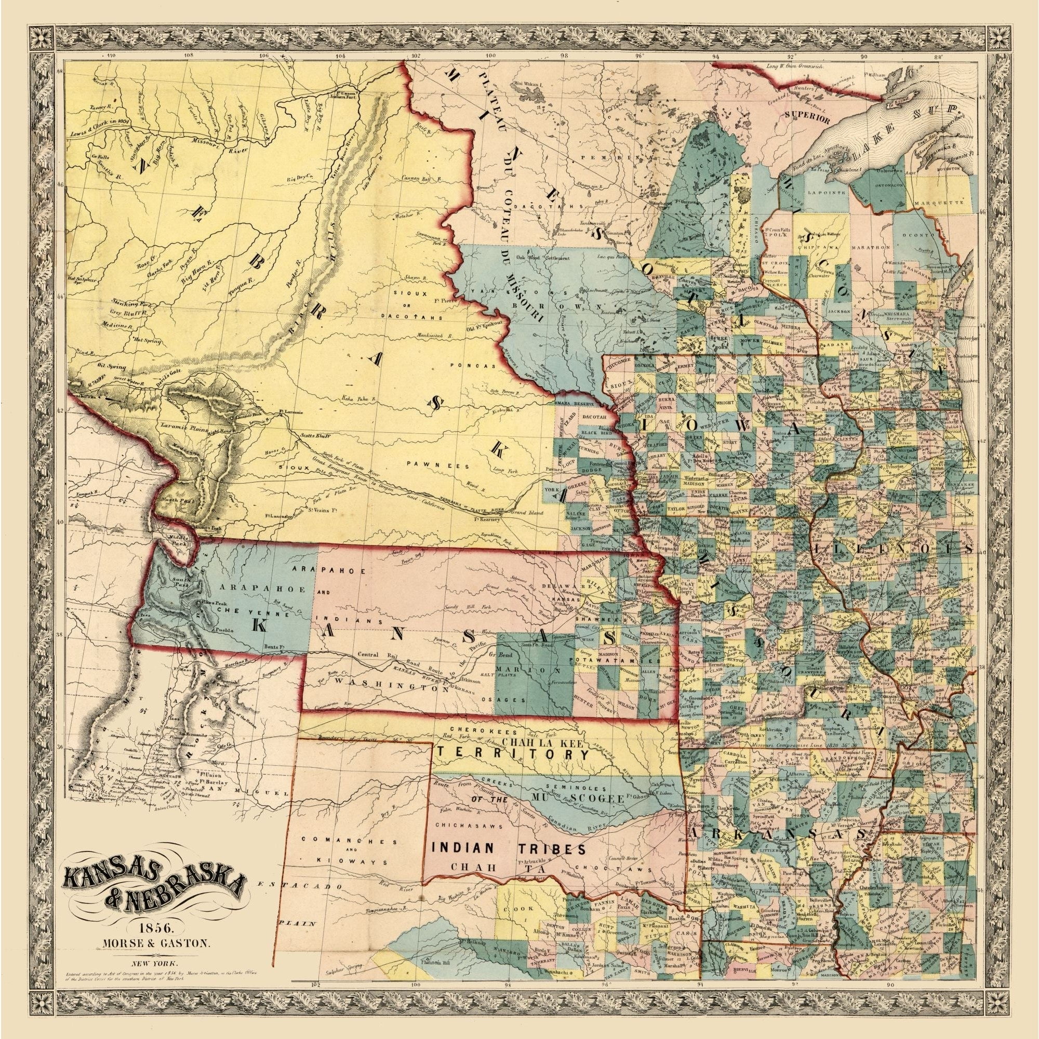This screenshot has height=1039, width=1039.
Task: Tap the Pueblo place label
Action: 226,629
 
